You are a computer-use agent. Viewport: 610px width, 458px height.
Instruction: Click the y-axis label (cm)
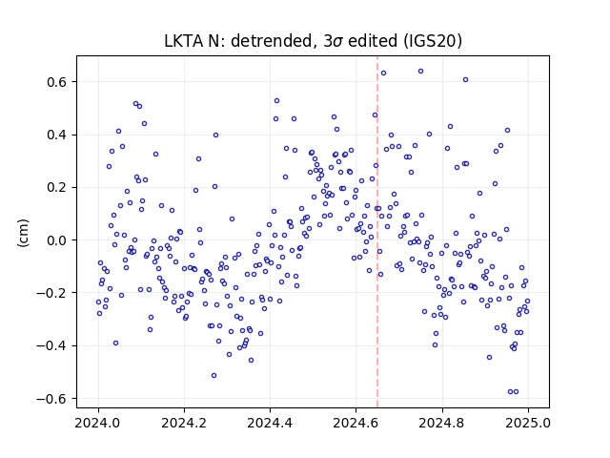click(23, 233)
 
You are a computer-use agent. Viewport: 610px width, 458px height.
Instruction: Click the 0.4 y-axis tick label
click(57, 135)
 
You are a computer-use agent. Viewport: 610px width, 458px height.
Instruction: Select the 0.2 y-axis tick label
click(57, 188)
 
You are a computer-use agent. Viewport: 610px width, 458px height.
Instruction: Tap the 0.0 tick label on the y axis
click(57, 240)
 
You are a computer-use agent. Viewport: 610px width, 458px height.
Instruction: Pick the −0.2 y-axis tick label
click(52, 293)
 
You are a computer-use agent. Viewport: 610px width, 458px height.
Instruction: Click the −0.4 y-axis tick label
click(52, 345)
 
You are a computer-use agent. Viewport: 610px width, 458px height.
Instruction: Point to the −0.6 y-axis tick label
click(52, 399)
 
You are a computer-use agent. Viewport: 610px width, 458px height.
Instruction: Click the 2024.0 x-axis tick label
click(98, 423)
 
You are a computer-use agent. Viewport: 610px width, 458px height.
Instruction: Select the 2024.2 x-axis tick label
click(184, 423)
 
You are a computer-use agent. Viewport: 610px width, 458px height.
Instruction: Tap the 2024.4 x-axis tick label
click(270, 423)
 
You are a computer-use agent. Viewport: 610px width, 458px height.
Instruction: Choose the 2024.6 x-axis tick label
click(356, 423)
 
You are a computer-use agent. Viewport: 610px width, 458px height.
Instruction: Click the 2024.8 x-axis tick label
click(442, 423)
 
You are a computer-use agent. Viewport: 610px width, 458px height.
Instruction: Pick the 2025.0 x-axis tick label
click(528, 423)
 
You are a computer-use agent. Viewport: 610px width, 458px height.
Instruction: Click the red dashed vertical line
click(377, 232)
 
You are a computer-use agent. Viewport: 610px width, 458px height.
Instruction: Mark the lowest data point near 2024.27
click(213, 375)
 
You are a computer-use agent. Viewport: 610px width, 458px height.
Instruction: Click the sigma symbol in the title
click(338, 42)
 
